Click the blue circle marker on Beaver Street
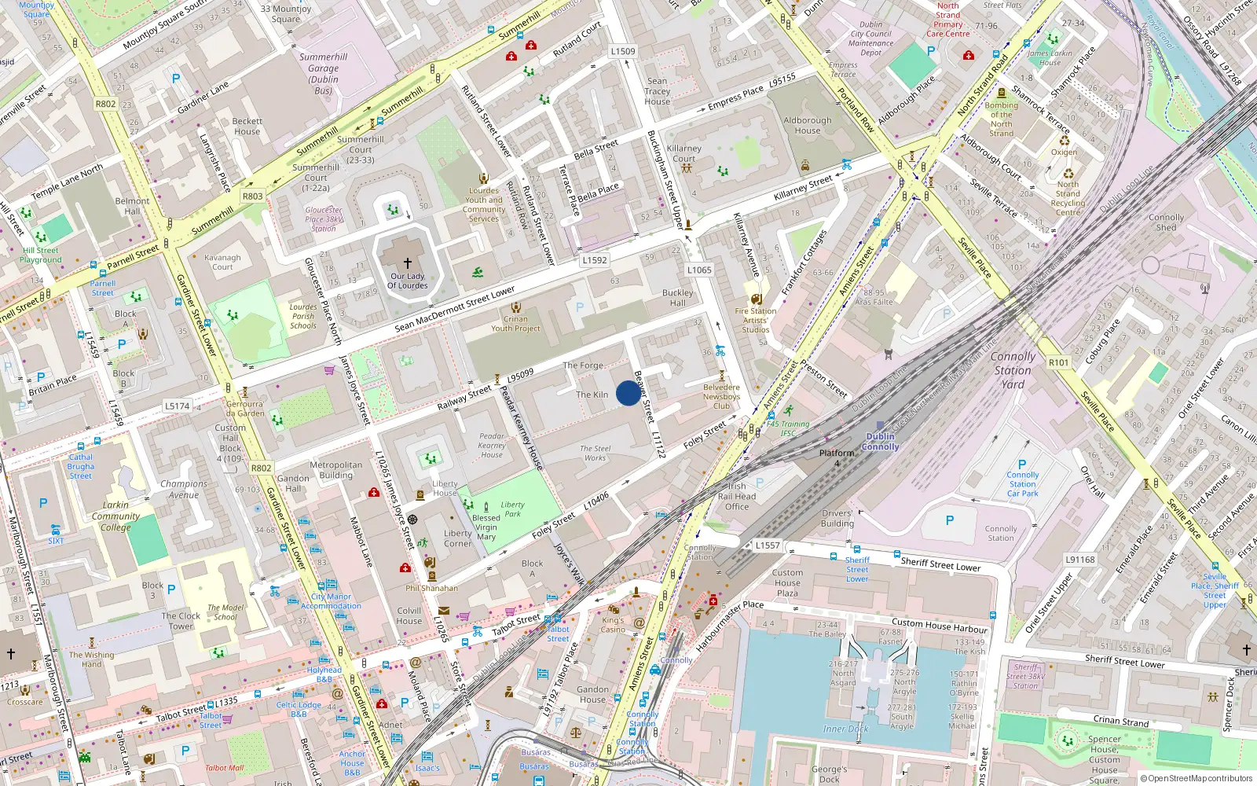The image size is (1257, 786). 628,393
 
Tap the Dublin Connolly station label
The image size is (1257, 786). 880,442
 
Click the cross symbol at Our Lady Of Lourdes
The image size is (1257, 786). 408,263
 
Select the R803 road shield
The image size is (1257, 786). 253,196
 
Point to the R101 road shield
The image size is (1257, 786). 1058,362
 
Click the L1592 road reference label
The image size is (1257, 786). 595,260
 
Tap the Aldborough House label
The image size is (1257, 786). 807,126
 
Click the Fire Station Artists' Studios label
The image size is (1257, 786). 756,320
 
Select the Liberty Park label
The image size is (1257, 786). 512,509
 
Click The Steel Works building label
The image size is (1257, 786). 595,454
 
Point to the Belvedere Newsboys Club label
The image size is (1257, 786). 721,396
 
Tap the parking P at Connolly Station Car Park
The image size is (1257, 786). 1022,465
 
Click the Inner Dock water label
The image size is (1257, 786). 845,729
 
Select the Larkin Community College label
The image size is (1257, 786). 115,516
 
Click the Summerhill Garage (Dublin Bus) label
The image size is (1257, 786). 323,74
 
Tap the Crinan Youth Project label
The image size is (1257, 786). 515,324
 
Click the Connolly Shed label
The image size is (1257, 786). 1166,222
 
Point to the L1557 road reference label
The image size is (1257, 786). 768,545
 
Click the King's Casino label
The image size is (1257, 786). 613,625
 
